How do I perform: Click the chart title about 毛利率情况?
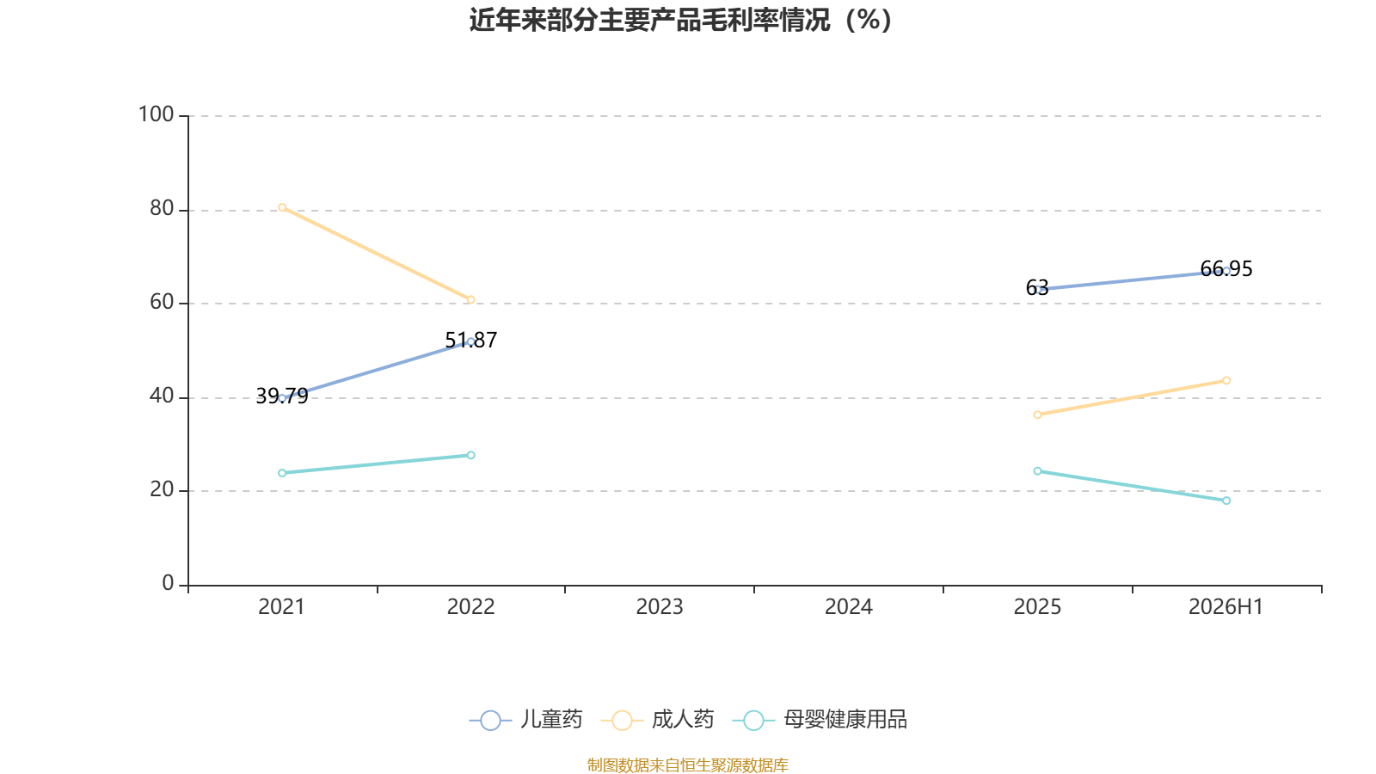[x=680, y=21]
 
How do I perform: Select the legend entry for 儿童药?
[x=525, y=719]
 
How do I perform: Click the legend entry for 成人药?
[x=657, y=719]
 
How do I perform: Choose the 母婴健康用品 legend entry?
[x=820, y=719]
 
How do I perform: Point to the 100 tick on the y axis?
[x=156, y=115]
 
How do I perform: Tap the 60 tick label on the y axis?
[x=163, y=302]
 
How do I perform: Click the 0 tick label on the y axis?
[x=169, y=584]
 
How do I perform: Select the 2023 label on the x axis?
[x=660, y=607]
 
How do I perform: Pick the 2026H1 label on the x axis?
[x=1226, y=607]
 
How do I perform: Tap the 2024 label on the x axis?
[x=848, y=607]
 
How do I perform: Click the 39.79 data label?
[x=282, y=396]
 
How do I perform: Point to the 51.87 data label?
[x=471, y=341]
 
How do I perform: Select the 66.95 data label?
[x=1226, y=269]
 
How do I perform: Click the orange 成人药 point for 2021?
[x=282, y=207]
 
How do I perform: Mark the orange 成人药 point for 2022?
[x=471, y=300]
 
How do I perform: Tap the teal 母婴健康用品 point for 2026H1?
[x=1226, y=501]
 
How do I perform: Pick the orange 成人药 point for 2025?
[x=1037, y=415]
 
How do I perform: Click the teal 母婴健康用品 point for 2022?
[x=471, y=455]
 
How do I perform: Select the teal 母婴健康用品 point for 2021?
[x=282, y=473]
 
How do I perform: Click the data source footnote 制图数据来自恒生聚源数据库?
[x=687, y=765]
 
